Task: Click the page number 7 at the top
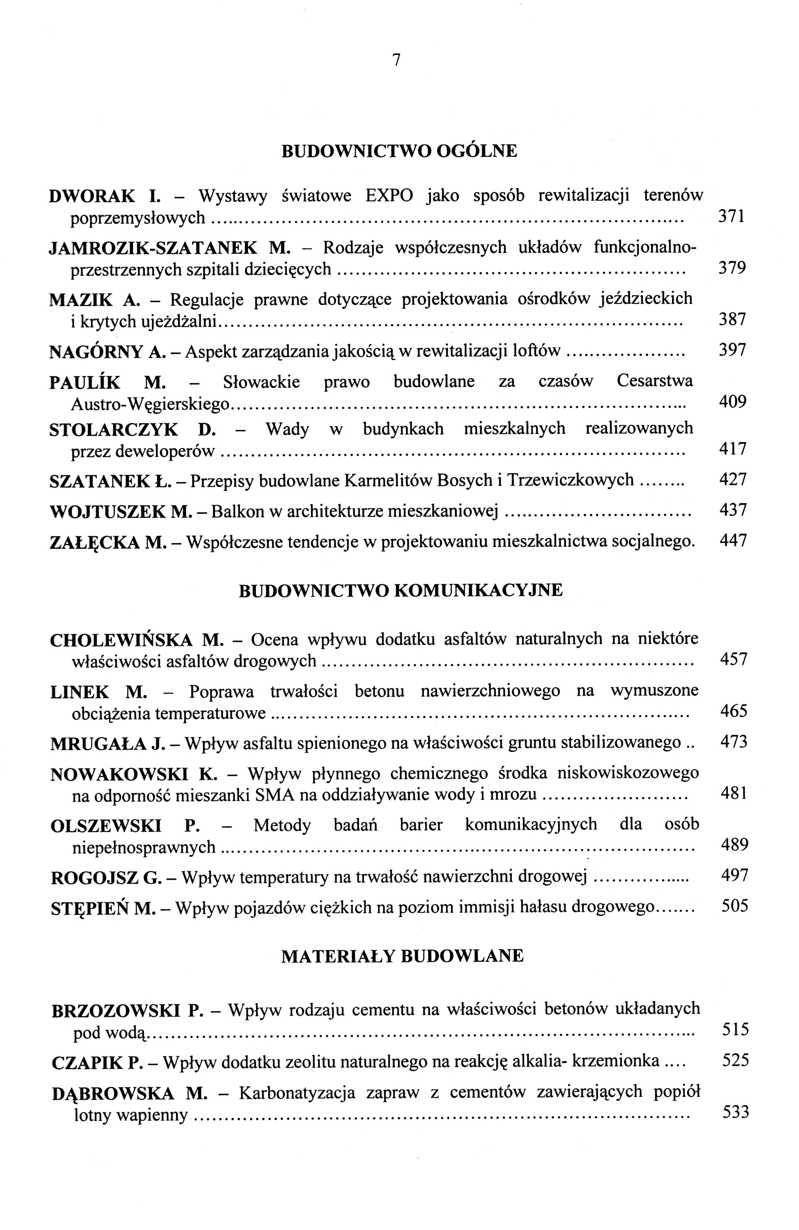[x=396, y=60]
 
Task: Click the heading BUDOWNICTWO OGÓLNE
[x=399, y=151]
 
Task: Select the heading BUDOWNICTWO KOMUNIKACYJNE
[x=401, y=590]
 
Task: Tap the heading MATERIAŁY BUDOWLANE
[x=402, y=956]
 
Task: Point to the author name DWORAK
[x=92, y=196]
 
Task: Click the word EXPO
[x=389, y=196]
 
